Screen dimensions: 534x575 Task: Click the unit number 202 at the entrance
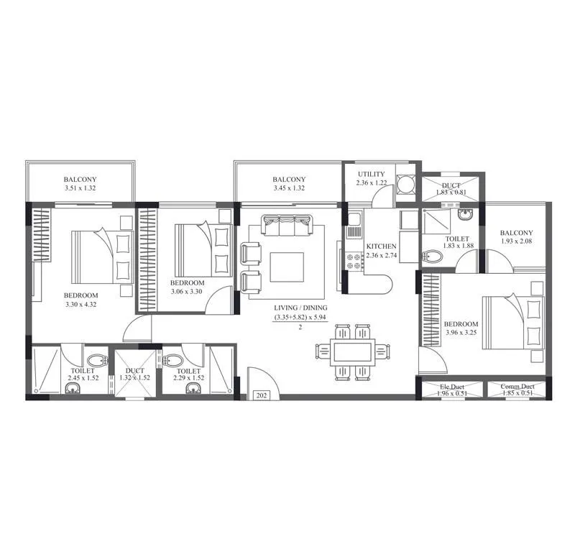(x=261, y=395)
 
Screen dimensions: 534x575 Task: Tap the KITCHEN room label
(x=381, y=247)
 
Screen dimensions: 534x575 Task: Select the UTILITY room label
(x=371, y=174)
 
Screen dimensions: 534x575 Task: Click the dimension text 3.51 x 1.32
(x=80, y=188)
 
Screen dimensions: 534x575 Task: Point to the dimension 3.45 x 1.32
(x=289, y=188)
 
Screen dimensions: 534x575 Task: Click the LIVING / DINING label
(x=300, y=308)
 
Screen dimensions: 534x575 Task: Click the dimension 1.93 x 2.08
(x=517, y=242)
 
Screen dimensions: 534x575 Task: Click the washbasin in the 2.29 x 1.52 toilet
(x=192, y=389)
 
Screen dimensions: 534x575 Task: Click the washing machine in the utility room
(x=405, y=185)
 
